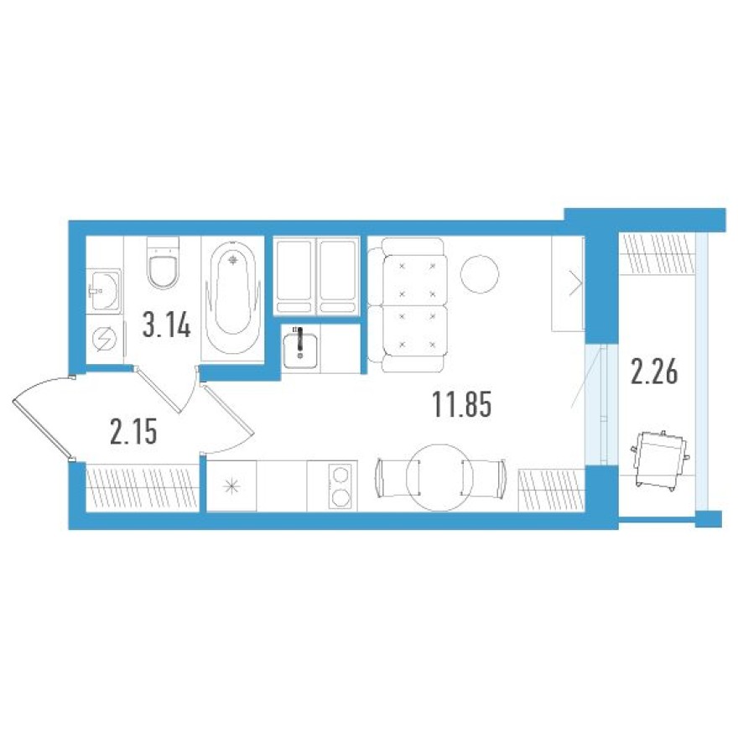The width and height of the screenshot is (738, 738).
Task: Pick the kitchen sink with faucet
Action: pos(299,347)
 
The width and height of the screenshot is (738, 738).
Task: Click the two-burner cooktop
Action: pos(340,486)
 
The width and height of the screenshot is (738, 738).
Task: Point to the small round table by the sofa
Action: pos(481,273)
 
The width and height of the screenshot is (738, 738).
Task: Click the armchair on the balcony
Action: pos(661,458)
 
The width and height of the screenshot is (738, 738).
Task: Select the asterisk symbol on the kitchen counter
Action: pos(231,486)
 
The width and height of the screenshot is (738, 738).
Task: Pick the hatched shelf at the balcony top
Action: pos(659,252)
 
